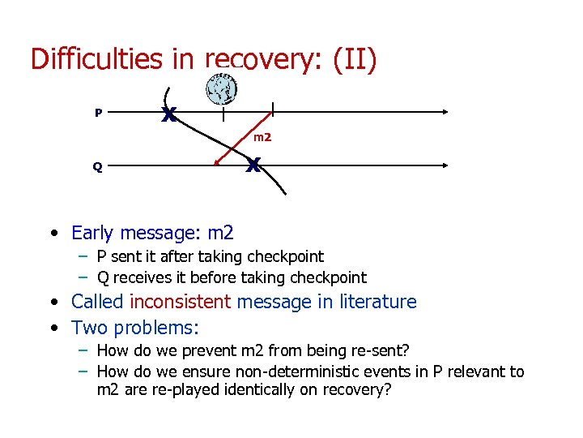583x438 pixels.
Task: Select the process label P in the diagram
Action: pos(98,113)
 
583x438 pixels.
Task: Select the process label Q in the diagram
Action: pos(97,167)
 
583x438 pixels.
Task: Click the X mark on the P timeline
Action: pos(168,115)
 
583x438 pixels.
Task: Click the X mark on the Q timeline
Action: pos(253,166)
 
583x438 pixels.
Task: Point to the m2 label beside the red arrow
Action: pos(262,138)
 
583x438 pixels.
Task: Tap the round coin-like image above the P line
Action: pos(220,89)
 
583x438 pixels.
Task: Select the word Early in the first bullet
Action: pos(92,234)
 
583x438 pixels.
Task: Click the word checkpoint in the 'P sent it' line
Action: pos(288,257)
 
